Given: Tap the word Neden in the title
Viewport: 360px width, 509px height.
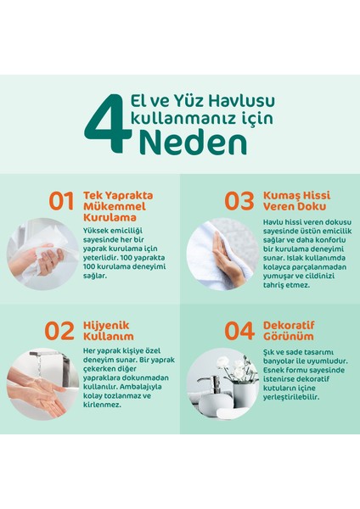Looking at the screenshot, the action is [x=193, y=143].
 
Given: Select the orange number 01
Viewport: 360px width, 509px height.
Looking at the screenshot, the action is [x=61, y=201].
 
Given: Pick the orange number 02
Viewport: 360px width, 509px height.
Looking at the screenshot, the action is [x=59, y=331].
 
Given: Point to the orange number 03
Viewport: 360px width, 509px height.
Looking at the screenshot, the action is [x=239, y=201].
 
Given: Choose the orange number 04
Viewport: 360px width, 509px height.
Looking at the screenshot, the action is [x=239, y=331].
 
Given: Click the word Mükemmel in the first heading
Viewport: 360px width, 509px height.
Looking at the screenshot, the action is [x=115, y=206].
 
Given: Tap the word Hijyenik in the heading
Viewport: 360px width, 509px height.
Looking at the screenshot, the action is [x=106, y=326].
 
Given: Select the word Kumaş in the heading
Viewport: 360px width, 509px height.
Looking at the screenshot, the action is [x=281, y=196].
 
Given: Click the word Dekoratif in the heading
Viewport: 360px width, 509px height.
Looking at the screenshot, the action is [x=289, y=325].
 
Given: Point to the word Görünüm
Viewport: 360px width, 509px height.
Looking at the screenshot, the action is [x=289, y=336].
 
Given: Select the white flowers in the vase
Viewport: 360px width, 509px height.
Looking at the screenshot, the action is [x=234, y=369].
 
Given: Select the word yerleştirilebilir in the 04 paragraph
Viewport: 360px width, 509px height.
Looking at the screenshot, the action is [x=291, y=397].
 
